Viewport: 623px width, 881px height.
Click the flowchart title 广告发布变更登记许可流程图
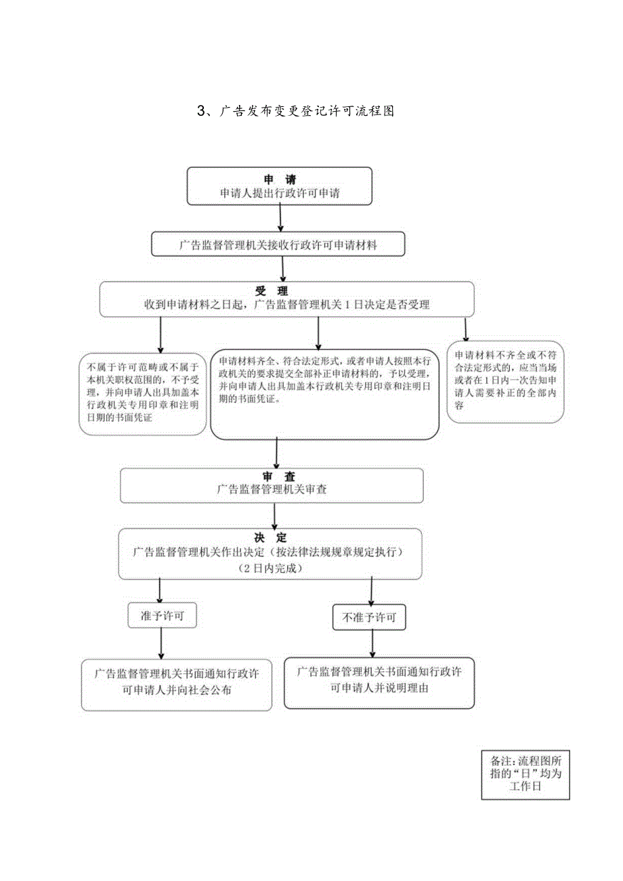pyautogui.click(x=306, y=112)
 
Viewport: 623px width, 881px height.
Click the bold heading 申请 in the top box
pyautogui.click(x=280, y=179)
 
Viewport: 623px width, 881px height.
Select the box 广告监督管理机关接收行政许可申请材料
pyautogui.click(x=278, y=245)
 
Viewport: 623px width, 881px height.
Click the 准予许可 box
pyautogui.click(x=163, y=616)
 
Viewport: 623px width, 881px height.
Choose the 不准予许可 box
pyautogui.click(x=369, y=618)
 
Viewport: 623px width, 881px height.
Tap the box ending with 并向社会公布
pyautogui.click(x=176, y=683)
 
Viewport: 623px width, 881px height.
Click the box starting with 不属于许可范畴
pyautogui.click(x=143, y=393)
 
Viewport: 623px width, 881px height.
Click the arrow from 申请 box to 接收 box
pyautogui.click(x=280, y=218)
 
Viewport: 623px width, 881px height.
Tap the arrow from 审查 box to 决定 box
pyautogui.click(x=274, y=515)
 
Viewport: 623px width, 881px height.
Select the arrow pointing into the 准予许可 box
pyautogui.click(x=160, y=590)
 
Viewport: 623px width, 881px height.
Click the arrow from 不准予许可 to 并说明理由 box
pyautogui.click(x=370, y=643)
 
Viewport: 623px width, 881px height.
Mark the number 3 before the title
pyautogui.click(x=200, y=112)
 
